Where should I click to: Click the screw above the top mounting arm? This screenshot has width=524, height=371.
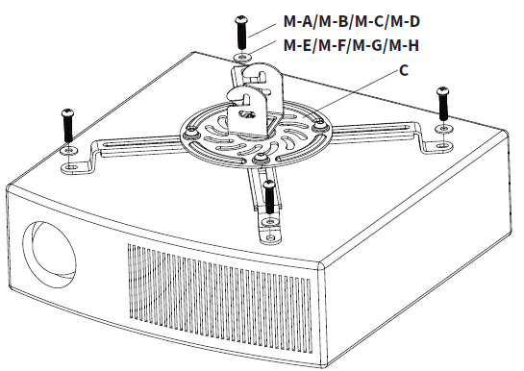(x=240, y=32)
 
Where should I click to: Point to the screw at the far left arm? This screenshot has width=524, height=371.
(x=68, y=122)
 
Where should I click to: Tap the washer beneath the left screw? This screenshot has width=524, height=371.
(x=68, y=151)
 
